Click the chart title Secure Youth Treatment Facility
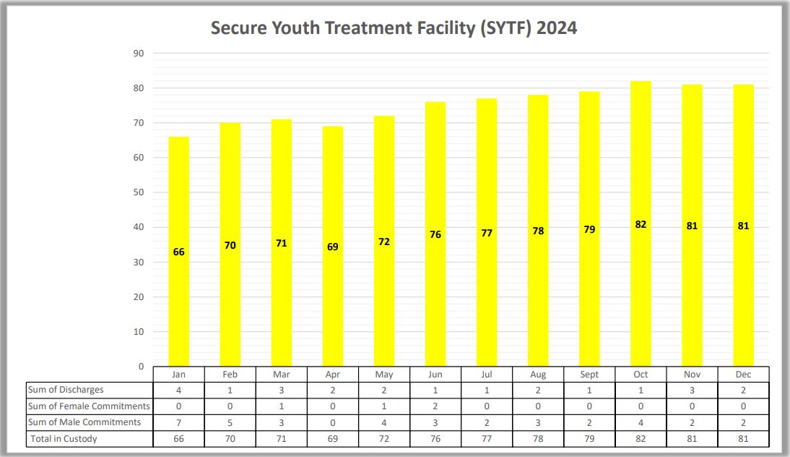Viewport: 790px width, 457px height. tap(394, 28)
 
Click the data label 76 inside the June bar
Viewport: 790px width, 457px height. tap(435, 235)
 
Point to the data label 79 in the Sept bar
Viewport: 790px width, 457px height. tap(589, 229)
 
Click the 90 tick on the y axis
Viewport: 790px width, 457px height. tap(139, 54)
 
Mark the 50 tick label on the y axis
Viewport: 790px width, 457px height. tap(139, 192)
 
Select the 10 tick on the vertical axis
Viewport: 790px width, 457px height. tap(139, 332)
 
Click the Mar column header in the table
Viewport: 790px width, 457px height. tap(282, 375)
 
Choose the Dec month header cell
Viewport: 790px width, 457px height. tap(743, 375)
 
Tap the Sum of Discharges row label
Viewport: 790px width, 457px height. tap(66, 390)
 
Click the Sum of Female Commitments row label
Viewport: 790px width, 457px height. tap(89, 406)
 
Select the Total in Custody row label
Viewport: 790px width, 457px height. tap(64, 438)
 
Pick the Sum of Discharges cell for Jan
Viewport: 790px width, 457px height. tap(179, 390)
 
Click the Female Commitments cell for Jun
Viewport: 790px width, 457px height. tap(435, 406)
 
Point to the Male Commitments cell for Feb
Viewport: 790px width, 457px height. tap(230, 422)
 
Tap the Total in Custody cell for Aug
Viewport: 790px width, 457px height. tap(538, 438)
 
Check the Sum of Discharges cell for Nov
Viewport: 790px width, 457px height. tap(692, 390)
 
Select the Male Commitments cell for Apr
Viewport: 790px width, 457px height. tap(333, 422)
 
